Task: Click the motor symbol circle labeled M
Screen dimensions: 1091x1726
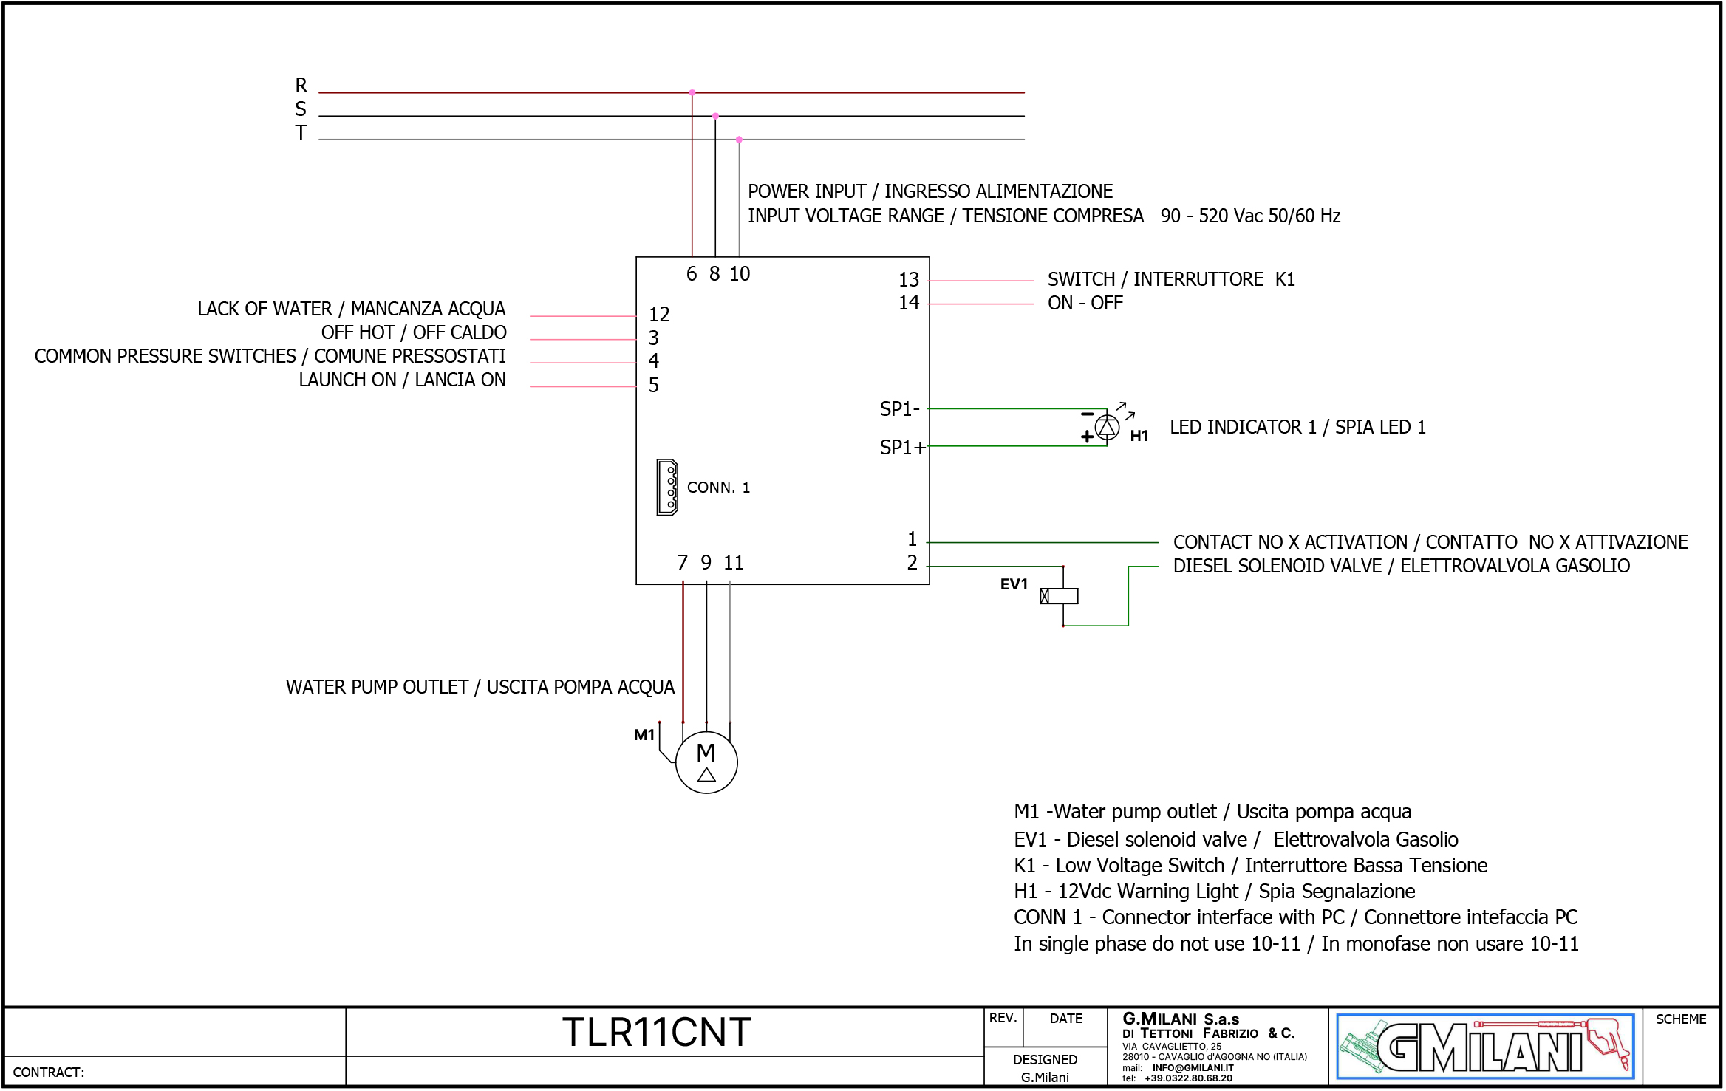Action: [706, 762]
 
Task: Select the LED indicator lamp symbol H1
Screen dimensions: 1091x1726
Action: [1107, 427]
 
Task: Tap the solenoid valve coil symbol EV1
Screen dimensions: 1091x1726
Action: [1060, 596]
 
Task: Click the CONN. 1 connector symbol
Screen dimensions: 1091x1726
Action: [667, 488]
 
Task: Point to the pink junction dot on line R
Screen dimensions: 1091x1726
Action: [692, 93]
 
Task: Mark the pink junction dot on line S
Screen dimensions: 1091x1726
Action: [715, 116]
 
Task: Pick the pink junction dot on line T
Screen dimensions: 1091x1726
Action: [739, 140]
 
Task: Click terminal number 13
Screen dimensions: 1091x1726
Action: [909, 280]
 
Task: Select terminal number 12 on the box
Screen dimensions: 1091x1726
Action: [659, 315]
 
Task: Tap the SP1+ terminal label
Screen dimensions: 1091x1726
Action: [902, 448]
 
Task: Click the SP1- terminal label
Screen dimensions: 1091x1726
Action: [899, 409]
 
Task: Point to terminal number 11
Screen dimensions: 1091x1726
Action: [733, 563]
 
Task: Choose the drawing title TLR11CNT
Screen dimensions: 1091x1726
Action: [656, 1033]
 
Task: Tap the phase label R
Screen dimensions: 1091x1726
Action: [301, 86]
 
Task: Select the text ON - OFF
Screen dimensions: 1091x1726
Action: [1085, 304]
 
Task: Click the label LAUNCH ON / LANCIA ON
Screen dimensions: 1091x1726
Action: [402, 380]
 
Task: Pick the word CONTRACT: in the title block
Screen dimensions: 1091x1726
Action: [49, 1073]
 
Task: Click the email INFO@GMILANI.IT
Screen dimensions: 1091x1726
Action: [1193, 1068]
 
